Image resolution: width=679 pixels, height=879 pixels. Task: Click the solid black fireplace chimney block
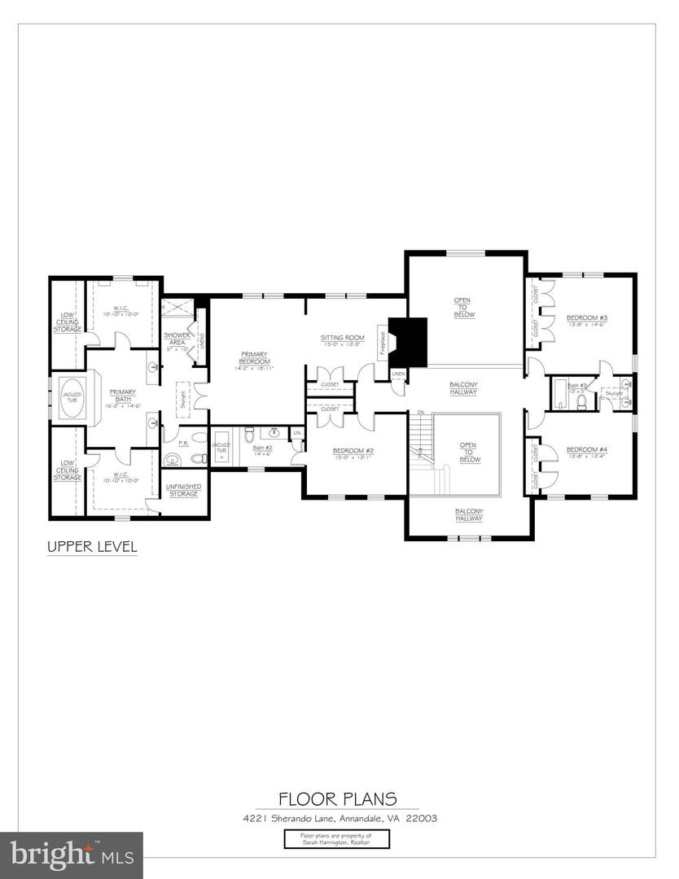tap(408, 340)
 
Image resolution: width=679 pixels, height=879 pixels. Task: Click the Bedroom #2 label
tap(353, 453)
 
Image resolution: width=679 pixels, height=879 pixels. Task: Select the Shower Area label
tap(177, 339)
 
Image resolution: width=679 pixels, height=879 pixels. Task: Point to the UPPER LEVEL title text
tap(91, 546)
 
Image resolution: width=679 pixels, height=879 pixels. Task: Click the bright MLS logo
tap(71, 855)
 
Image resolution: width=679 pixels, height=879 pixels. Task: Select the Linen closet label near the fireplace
tap(397, 374)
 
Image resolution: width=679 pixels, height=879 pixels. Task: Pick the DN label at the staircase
tap(421, 413)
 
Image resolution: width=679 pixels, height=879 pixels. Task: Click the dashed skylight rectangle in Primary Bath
tap(182, 399)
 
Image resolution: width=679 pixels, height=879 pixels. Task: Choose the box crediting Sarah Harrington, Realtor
tap(337, 839)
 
